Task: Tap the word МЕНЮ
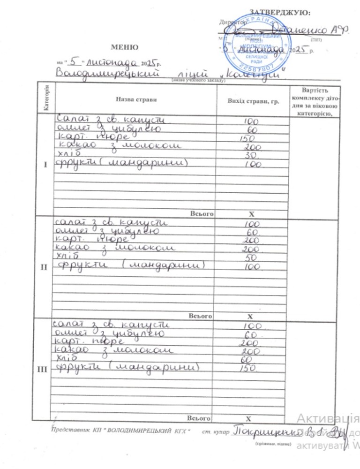[124, 47]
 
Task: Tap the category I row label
[45, 165]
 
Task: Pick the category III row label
[45, 370]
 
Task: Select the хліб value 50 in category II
[251, 257]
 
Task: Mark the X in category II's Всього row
[250, 317]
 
